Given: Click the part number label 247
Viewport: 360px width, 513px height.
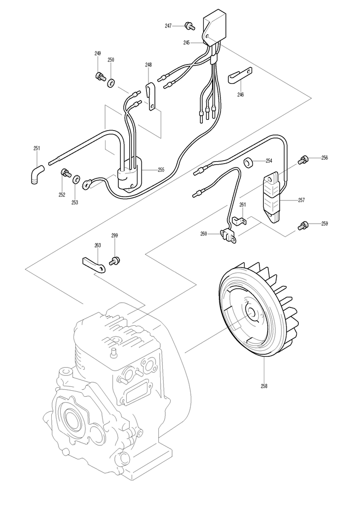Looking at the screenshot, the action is tap(168, 26).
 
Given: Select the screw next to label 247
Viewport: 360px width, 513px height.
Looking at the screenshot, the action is tap(189, 25).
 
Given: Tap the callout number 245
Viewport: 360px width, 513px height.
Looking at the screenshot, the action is tap(186, 42).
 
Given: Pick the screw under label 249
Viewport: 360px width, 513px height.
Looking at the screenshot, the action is tap(100, 76).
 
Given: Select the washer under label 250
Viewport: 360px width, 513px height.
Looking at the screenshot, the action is tap(111, 83).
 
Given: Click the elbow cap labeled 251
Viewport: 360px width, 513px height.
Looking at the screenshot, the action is tap(36, 174).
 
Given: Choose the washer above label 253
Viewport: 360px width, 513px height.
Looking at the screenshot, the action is tap(76, 178).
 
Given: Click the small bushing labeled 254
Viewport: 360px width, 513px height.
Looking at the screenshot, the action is tap(249, 163).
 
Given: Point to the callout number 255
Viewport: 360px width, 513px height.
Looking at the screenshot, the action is tap(161, 170).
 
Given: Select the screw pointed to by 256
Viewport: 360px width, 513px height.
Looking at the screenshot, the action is tap(303, 160).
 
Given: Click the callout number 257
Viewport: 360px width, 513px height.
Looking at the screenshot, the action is tap(301, 200).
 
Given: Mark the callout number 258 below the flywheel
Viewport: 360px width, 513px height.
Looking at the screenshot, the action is tap(264, 386).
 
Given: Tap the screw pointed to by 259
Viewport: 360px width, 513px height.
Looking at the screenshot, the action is tap(303, 225).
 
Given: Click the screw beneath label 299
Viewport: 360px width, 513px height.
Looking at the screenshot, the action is tap(114, 261).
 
